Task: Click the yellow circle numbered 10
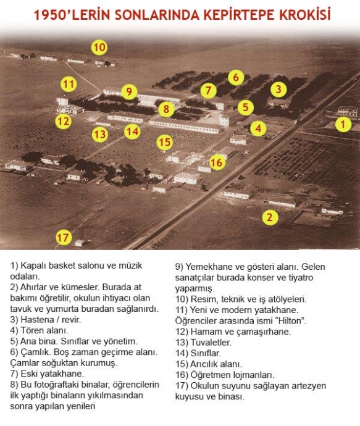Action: [99, 48]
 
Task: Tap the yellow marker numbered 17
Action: [64, 238]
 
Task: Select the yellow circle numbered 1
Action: [343, 124]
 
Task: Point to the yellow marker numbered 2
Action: [270, 217]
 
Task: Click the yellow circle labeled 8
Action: [166, 109]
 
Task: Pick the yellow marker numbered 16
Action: [217, 162]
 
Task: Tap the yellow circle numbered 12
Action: [64, 121]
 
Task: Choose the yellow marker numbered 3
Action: [278, 89]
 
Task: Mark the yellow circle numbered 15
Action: [165, 142]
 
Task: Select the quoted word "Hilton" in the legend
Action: [292, 321]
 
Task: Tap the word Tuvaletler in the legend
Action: [211, 342]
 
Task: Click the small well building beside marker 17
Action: [80, 243]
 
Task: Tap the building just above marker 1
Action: [348, 111]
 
